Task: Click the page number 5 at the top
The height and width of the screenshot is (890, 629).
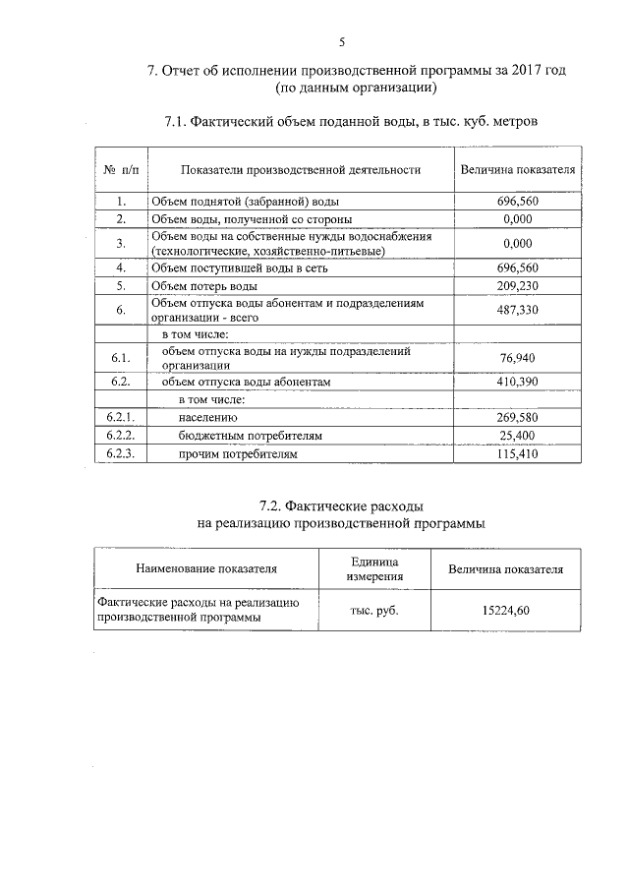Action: [342, 41]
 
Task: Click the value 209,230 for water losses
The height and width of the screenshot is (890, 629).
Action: [517, 285]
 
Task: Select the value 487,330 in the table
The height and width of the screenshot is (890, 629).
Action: [517, 310]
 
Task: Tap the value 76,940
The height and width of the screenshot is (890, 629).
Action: [517, 357]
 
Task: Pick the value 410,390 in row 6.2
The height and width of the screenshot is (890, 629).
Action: [517, 382]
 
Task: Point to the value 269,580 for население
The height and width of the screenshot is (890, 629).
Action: [517, 418]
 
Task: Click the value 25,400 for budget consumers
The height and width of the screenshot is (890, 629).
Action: [517, 436]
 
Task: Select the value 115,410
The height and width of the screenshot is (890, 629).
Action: [517, 454]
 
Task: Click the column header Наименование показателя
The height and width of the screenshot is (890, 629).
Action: [206, 568]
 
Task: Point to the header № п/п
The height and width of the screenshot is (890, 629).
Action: [121, 170]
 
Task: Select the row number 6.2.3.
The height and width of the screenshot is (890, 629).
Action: [120, 454]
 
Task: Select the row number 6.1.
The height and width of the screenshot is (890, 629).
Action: [120, 357]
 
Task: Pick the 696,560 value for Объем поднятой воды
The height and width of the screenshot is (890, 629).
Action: [517, 201]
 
